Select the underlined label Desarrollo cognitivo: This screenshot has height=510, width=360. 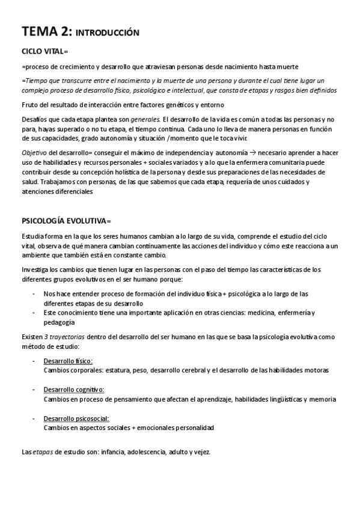pyautogui.click(x=74, y=390)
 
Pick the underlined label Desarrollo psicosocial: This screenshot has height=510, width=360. pyautogui.click(x=77, y=419)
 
